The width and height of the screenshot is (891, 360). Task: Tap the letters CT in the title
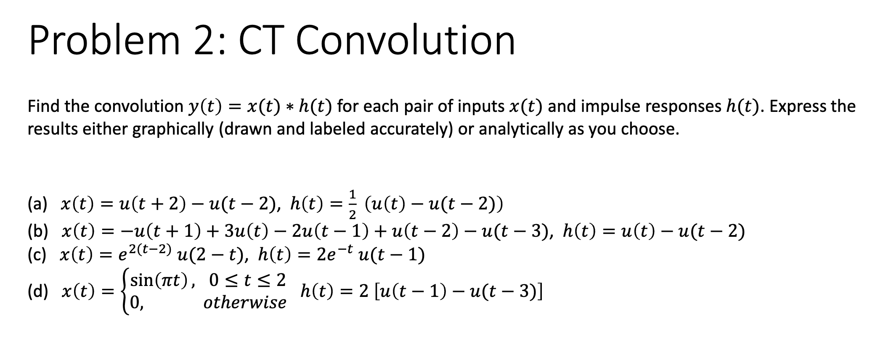263,41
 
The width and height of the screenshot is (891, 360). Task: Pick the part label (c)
37,255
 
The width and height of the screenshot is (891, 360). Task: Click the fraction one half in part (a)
353,204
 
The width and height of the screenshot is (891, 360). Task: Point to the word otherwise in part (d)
244,302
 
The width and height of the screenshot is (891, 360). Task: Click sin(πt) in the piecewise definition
162,280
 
